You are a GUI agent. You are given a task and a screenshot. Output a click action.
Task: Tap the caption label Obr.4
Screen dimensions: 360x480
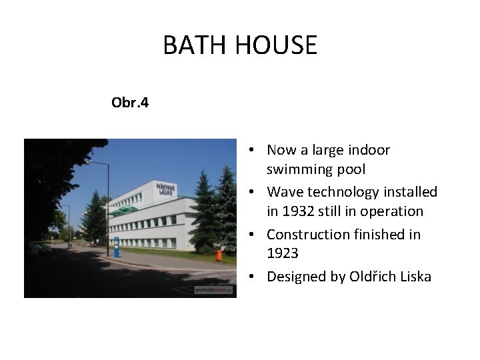[x=130, y=103]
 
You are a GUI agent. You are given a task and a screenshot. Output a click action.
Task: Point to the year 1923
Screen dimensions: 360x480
[x=283, y=253]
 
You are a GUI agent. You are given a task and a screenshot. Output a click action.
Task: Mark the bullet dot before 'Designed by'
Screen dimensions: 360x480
[x=256, y=277]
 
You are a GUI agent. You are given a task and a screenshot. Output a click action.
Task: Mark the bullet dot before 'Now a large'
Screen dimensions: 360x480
[x=256, y=151]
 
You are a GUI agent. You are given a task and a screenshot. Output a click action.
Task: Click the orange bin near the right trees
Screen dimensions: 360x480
[x=218, y=255]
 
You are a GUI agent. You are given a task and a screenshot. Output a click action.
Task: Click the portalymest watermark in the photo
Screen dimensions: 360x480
[x=214, y=290]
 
